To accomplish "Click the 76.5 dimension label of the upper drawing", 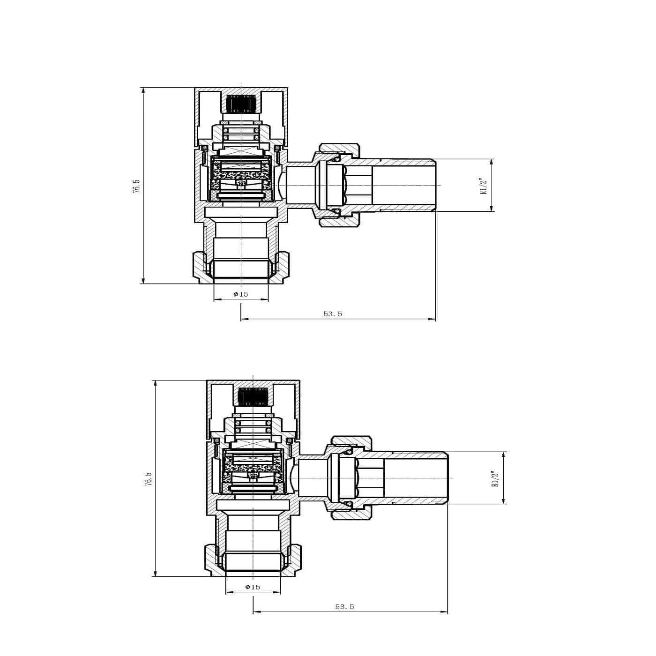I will (136, 186).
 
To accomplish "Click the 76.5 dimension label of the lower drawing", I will (149, 479).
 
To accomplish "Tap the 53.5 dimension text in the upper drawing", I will (333, 314).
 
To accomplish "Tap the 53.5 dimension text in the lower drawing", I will (345, 606).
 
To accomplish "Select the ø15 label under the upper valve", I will (241, 294).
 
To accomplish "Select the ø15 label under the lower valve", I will (253, 587).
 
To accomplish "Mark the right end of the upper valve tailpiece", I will (434, 186).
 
